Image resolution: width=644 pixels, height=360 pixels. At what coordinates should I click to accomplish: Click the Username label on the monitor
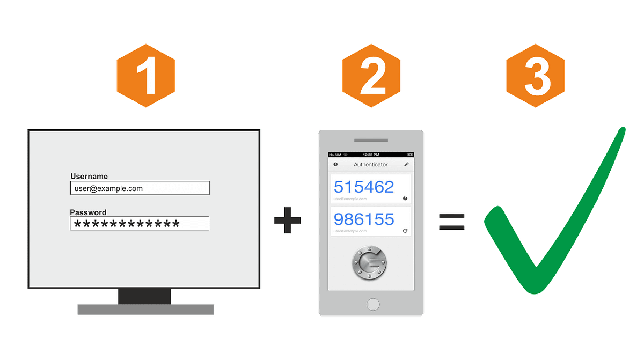[x=89, y=176]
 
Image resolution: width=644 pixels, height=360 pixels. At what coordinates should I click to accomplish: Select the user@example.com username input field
[x=140, y=188]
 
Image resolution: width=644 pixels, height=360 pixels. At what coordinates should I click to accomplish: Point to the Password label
[x=88, y=212]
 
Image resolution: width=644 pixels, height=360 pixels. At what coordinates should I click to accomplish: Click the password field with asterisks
[x=140, y=224]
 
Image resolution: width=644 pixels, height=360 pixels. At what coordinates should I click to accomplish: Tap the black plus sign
[x=288, y=221]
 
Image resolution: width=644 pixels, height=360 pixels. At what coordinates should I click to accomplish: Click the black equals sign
[x=451, y=221]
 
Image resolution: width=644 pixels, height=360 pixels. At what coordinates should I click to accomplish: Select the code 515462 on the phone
[x=364, y=187]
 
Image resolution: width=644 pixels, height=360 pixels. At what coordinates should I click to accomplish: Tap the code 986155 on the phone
[x=364, y=219]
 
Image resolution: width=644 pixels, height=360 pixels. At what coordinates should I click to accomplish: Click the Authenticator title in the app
[x=370, y=164]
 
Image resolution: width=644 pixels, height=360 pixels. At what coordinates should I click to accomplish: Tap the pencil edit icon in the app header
[x=406, y=164]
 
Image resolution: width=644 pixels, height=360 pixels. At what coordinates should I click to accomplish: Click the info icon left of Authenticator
[x=335, y=164]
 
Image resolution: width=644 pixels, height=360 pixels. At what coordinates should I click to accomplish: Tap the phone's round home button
[x=372, y=304]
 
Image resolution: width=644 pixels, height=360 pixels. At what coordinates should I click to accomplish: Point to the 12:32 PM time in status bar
[x=371, y=155]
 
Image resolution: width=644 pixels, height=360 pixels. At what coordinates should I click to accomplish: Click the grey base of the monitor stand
[x=145, y=310]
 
